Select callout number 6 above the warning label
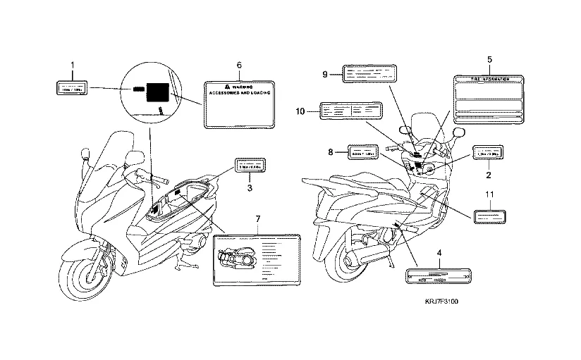click(239, 65)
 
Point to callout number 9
click(325, 74)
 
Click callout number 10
click(300, 111)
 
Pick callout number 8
click(329, 151)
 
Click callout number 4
click(439, 252)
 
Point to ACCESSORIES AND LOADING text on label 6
click(239, 92)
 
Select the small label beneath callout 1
click(72, 88)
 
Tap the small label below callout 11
click(489, 216)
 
